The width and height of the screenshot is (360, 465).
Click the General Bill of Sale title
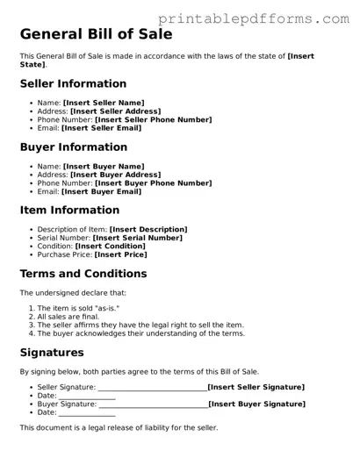click(x=96, y=35)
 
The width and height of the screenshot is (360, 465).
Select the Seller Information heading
click(x=73, y=84)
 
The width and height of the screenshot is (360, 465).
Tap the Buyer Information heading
click(x=73, y=147)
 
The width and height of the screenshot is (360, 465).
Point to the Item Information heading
click(x=69, y=211)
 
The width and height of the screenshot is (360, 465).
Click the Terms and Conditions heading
click(x=83, y=274)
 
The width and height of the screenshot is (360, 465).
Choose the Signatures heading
click(x=52, y=353)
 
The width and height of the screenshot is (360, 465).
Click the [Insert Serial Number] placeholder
click(x=139, y=238)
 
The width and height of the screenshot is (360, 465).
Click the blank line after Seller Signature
click(x=152, y=388)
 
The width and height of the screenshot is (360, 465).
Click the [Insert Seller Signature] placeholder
click(x=256, y=387)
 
